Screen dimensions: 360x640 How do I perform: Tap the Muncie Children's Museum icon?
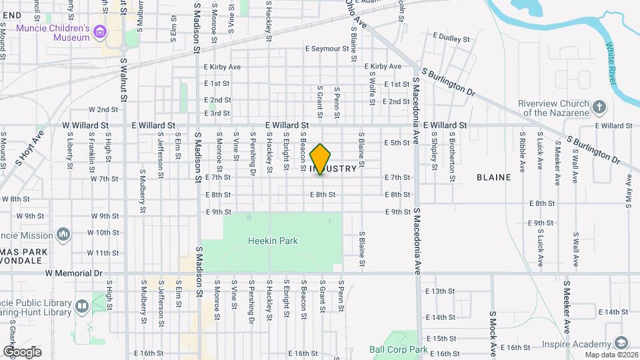click(x=100, y=32)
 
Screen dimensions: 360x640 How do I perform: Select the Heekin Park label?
click(x=272, y=241)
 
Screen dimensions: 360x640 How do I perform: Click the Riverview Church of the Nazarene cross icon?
click(x=599, y=107)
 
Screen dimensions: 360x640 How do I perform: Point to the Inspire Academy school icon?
click(x=621, y=343)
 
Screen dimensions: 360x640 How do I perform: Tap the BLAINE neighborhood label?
click(x=494, y=177)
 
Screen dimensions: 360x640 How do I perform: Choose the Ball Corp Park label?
click(x=399, y=349)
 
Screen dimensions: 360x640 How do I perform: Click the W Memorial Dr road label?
click(x=73, y=273)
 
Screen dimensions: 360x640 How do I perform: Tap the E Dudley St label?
click(x=451, y=38)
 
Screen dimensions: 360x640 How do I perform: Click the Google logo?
click(x=22, y=351)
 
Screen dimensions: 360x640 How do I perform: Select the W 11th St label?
click(x=103, y=253)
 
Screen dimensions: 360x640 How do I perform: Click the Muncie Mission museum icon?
click(x=63, y=235)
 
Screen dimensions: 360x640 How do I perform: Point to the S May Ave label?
click(x=628, y=191)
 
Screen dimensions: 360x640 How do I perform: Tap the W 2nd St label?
click(x=103, y=109)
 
